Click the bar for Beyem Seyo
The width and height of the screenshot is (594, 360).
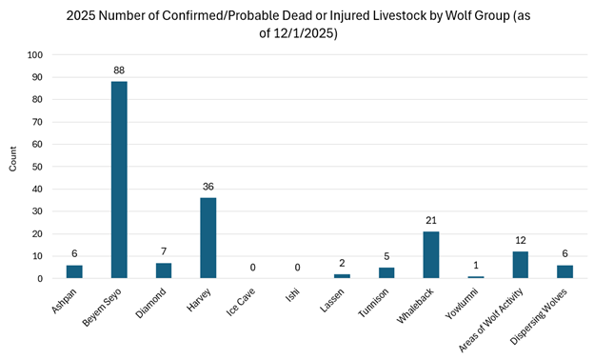click(119, 180)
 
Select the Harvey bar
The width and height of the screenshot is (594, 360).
click(208, 238)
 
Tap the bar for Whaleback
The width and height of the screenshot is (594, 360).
click(431, 255)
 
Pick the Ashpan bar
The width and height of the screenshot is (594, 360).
click(74, 271)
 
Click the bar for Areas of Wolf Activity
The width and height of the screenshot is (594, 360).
click(520, 265)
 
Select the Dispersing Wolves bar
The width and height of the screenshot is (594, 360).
click(564, 271)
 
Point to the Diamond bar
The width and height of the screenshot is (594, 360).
click(164, 270)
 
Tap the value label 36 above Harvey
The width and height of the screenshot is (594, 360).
click(208, 187)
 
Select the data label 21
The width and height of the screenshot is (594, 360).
click(431, 220)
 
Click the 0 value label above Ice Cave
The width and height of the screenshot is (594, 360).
click(252, 268)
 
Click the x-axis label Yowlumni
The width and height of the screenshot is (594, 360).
click(464, 304)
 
